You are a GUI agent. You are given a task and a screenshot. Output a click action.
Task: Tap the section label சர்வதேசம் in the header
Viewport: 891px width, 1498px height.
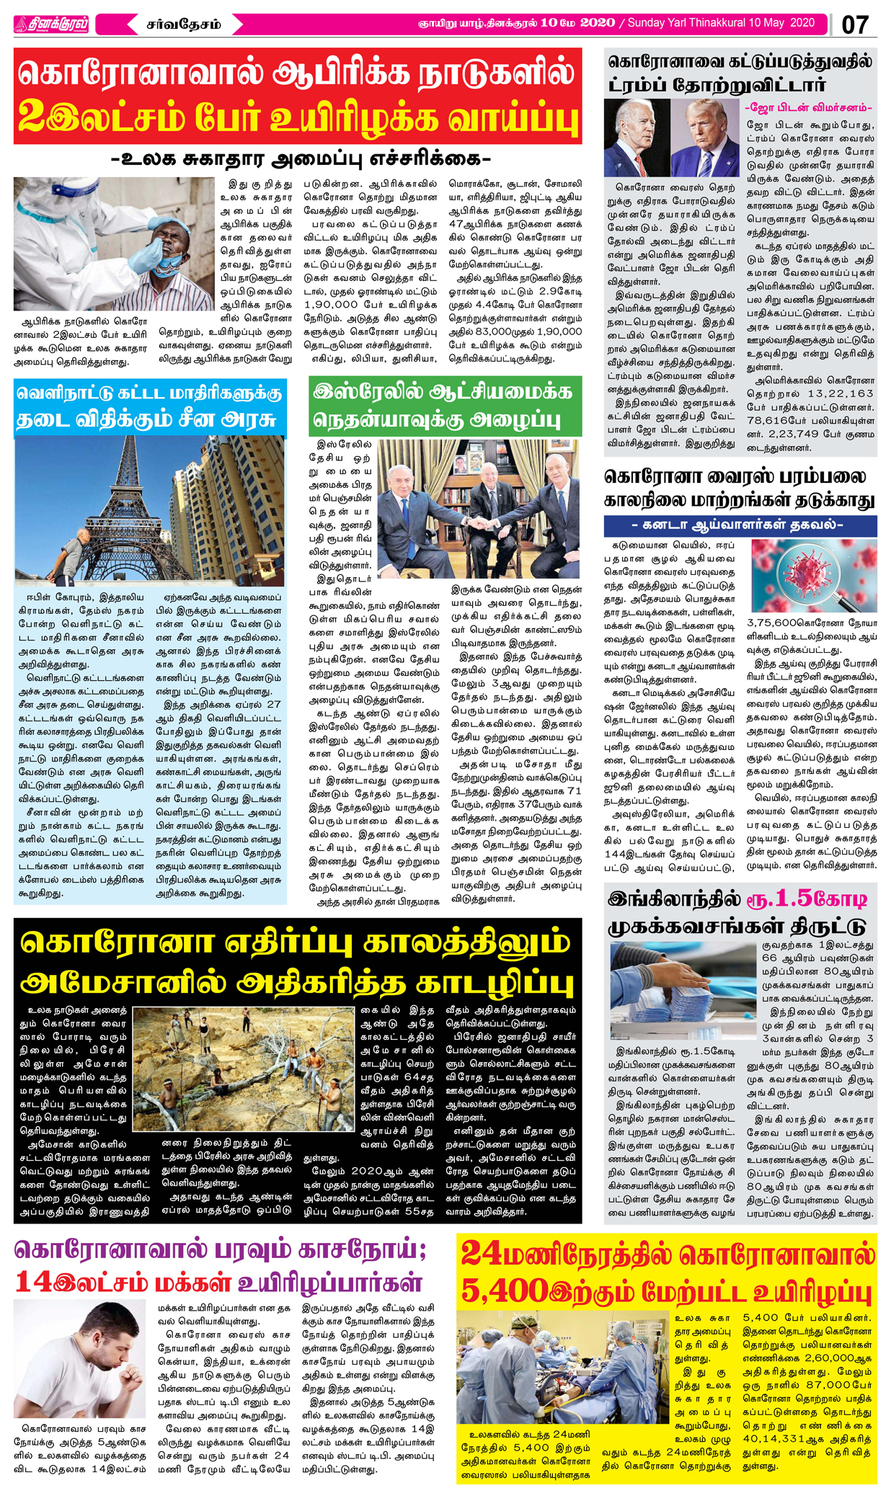pos(183,24)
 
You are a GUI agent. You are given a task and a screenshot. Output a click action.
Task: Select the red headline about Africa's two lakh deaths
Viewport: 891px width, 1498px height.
pos(297,96)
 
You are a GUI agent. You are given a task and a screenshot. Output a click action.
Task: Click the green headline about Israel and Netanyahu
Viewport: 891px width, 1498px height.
pos(444,405)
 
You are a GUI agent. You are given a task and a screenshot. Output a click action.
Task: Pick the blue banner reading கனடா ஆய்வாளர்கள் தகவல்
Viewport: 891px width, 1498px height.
pos(740,525)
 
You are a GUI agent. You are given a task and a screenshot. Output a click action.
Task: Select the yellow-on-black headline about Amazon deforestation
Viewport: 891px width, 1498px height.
pos(297,962)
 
